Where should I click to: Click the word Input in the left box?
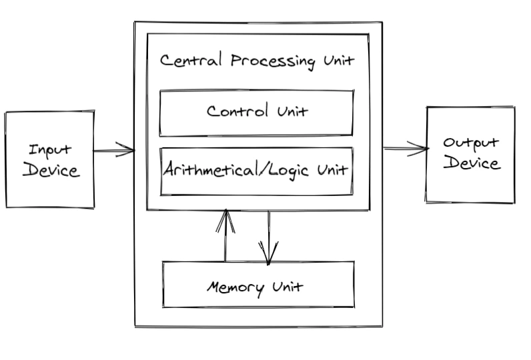[x=50, y=149]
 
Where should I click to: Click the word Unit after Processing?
[x=337, y=61]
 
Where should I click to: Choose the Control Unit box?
[x=256, y=112]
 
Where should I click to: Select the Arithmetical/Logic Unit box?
[x=256, y=170]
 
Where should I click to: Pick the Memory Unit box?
[x=257, y=285]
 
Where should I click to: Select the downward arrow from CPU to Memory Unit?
[x=269, y=237]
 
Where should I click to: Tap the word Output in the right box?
[x=471, y=143]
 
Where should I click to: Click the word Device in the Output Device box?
[x=471, y=163]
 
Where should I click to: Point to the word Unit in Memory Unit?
[x=288, y=287]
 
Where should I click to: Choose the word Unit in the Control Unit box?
[x=292, y=111]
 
